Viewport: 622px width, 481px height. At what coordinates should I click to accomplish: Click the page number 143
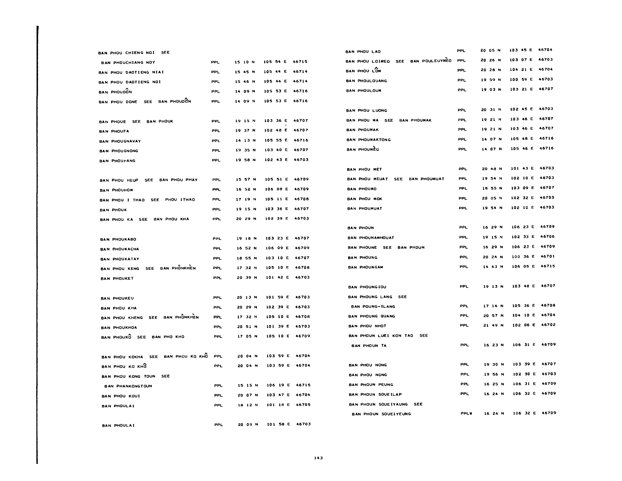(318, 458)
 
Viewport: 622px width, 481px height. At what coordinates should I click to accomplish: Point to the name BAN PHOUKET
(117, 278)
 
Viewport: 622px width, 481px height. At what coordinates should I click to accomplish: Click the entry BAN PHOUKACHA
(120, 249)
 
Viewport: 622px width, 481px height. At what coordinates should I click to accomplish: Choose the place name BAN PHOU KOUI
(121, 396)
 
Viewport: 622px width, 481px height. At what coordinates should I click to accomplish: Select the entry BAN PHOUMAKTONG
(368, 140)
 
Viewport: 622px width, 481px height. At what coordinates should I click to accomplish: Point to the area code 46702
(548, 325)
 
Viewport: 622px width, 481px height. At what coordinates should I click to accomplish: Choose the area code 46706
(547, 237)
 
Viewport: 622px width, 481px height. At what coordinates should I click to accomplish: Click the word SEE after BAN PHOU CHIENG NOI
(165, 52)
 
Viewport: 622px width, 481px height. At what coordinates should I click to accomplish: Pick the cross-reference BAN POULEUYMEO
(431, 61)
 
